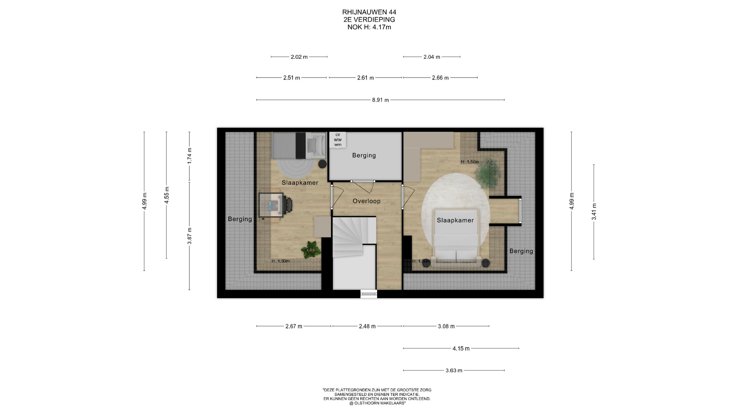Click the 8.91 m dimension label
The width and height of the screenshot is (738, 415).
coord(380,100)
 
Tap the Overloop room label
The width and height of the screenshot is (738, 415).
coord(366,201)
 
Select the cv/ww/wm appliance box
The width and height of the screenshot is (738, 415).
coord(337,140)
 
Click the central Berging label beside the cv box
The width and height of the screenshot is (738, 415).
coord(364,155)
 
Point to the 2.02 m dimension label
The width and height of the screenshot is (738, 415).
coord(299,57)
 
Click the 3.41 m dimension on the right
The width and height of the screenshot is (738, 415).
coord(594,212)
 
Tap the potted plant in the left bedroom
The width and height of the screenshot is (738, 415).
coord(311,250)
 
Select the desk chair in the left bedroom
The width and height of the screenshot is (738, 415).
coord(288,204)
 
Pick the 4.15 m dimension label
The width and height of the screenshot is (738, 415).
coord(461,349)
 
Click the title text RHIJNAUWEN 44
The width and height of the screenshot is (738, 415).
coord(369,12)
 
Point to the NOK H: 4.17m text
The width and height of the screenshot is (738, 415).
coord(369,27)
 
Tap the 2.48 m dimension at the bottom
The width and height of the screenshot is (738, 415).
coord(367,326)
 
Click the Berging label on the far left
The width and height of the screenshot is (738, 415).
coord(240,219)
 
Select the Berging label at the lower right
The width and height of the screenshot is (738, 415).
coord(521,251)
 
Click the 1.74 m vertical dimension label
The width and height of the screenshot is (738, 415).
coord(189,156)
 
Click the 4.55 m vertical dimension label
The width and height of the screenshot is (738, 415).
coord(166,195)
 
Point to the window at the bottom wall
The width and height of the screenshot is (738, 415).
coord(369,294)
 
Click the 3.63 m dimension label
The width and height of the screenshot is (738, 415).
coord(454,370)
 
